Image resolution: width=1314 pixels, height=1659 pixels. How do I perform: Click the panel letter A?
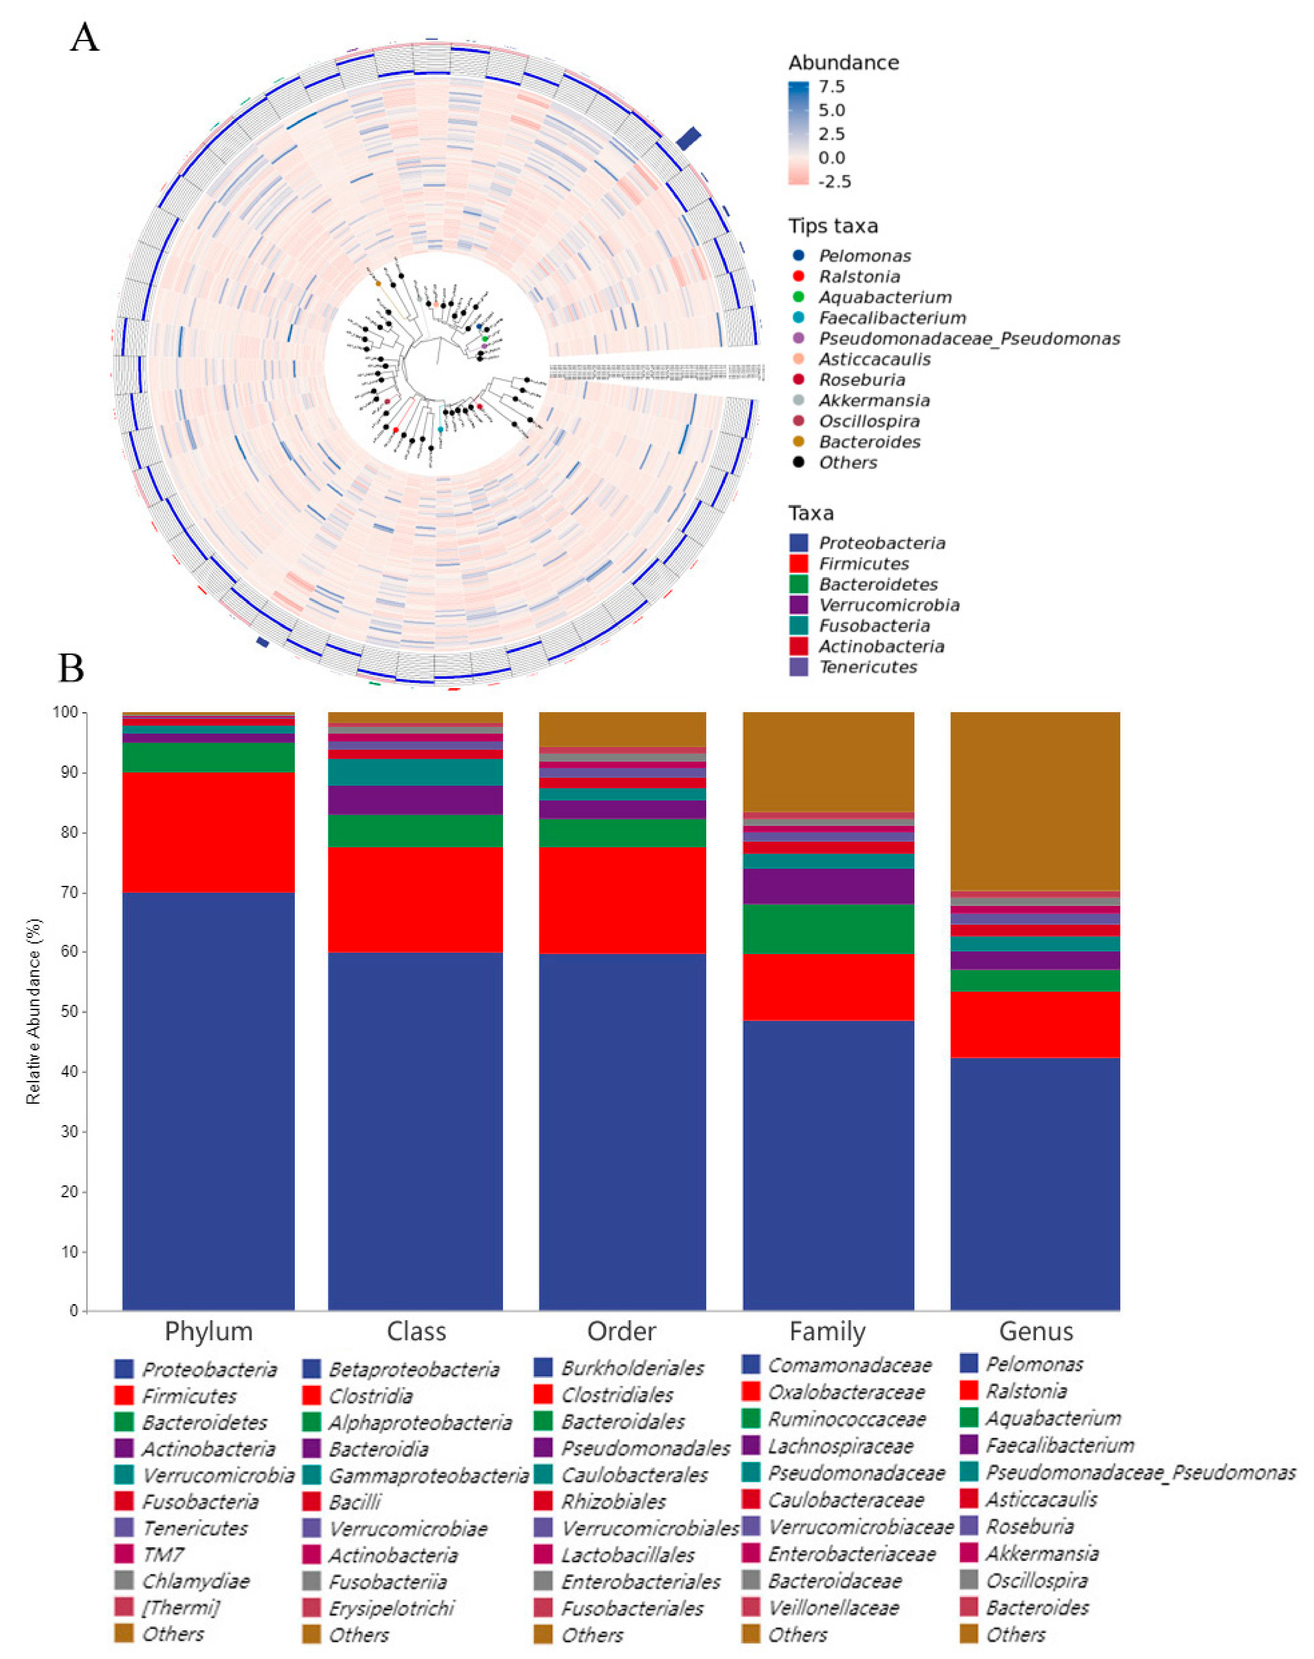point(85,37)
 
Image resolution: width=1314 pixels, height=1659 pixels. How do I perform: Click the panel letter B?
point(71,668)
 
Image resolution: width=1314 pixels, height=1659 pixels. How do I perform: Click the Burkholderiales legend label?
point(632,1368)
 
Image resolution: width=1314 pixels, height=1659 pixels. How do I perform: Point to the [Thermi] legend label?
point(181,1608)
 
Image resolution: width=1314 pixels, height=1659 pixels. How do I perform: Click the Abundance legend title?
point(843,62)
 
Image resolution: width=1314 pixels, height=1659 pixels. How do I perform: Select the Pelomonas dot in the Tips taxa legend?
point(798,255)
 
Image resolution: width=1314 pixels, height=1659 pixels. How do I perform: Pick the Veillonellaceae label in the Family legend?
point(834,1608)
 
